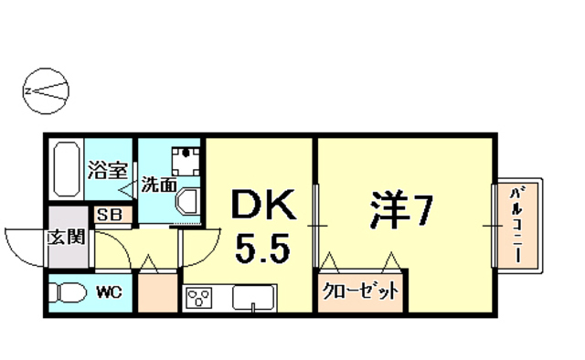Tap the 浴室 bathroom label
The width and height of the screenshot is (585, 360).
[107, 169]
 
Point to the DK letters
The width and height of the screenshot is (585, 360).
[261, 206]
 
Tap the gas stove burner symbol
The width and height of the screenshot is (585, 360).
[199, 297]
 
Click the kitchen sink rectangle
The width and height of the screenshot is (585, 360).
[255, 297]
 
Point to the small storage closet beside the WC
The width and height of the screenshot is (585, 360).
[156, 292]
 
